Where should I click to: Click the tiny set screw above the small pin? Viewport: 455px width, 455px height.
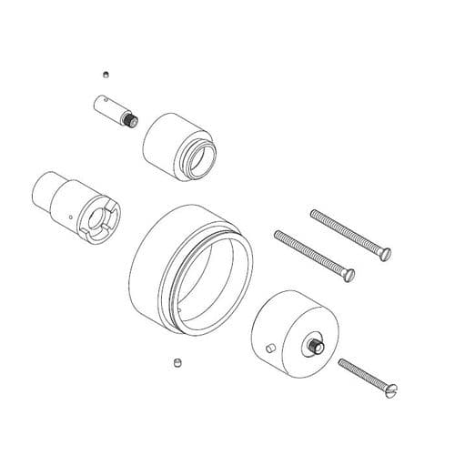[x=106, y=74]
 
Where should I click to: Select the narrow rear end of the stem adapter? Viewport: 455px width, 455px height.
[x=43, y=187]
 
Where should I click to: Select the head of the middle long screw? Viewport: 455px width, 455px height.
[x=349, y=272]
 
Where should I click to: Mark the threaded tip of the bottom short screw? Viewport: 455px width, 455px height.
[x=342, y=362]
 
